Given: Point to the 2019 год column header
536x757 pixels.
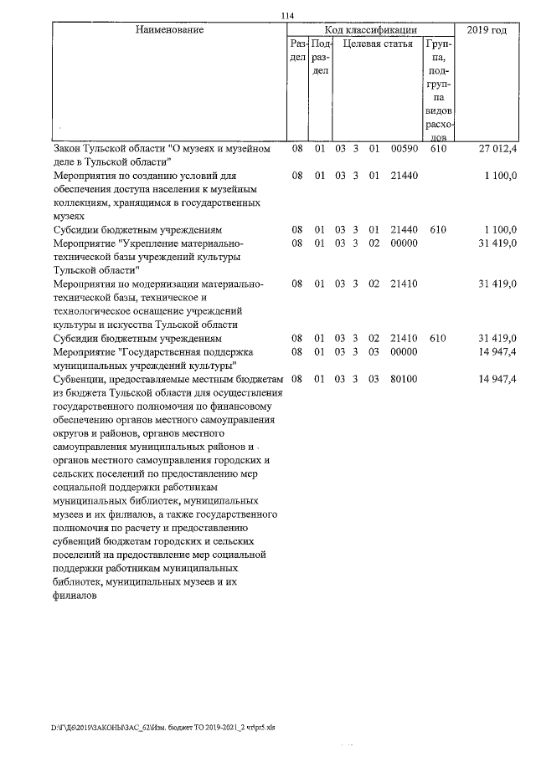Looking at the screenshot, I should click(x=487, y=30).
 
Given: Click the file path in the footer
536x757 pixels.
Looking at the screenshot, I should click(x=162, y=728).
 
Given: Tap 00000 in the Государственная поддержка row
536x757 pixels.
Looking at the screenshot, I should click(x=405, y=352).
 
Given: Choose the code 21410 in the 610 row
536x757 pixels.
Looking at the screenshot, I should click(x=405, y=339).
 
